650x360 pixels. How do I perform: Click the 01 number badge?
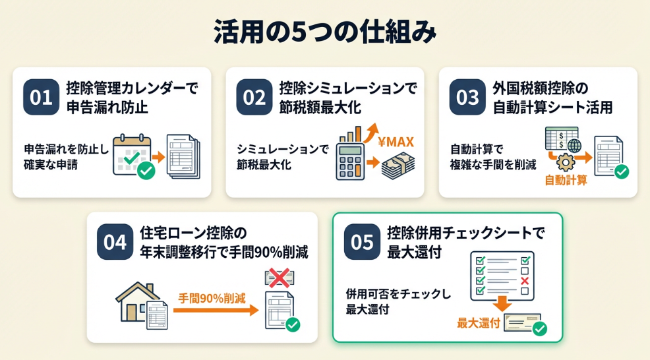click(41, 97)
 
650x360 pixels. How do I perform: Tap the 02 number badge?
click(254, 97)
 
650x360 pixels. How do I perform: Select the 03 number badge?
click(467, 97)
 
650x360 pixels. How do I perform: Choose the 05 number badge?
click(362, 242)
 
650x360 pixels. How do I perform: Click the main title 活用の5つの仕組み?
click(324, 32)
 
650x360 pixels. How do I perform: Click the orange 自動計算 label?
click(566, 180)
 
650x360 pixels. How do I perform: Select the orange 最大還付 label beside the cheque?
click(478, 323)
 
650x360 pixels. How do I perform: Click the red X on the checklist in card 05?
click(525, 282)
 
